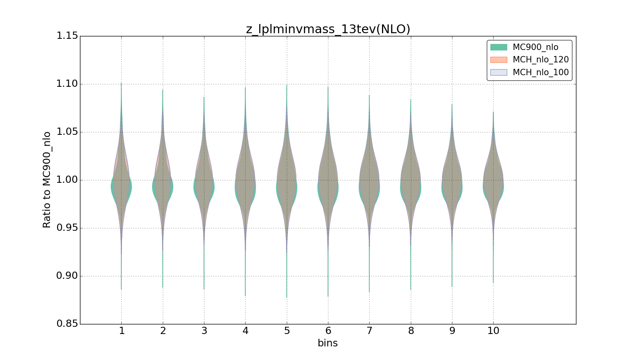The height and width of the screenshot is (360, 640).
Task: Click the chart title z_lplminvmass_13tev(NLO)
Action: (x=328, y=29)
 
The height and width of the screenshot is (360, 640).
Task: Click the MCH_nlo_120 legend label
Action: (x=540, y=60)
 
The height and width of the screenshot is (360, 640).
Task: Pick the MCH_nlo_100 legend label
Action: (x=540, y=73)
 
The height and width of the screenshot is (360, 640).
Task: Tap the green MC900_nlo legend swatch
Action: (x=498, y=47)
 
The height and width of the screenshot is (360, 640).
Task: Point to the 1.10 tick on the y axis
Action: (x=67, y=84)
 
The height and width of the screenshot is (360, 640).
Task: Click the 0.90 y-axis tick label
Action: (x=67, y=276)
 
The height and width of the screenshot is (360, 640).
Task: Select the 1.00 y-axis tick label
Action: (x=67, y=180)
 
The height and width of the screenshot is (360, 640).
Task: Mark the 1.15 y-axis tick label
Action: (x=67, y=36)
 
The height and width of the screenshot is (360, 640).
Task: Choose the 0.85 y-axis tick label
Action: (x=67, y=324)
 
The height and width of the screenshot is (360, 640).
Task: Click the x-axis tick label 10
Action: (x=493, y=331)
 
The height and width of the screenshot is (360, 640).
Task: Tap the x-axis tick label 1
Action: (x=122, y=331)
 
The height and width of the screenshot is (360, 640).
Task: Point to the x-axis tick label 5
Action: (x=287, y=331)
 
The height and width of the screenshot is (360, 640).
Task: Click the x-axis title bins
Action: (x=328, y=343)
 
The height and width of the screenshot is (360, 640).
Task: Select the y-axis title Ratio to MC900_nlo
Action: (x=47, y=180)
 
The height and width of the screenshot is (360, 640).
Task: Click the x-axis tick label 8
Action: (x=411, y=331)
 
